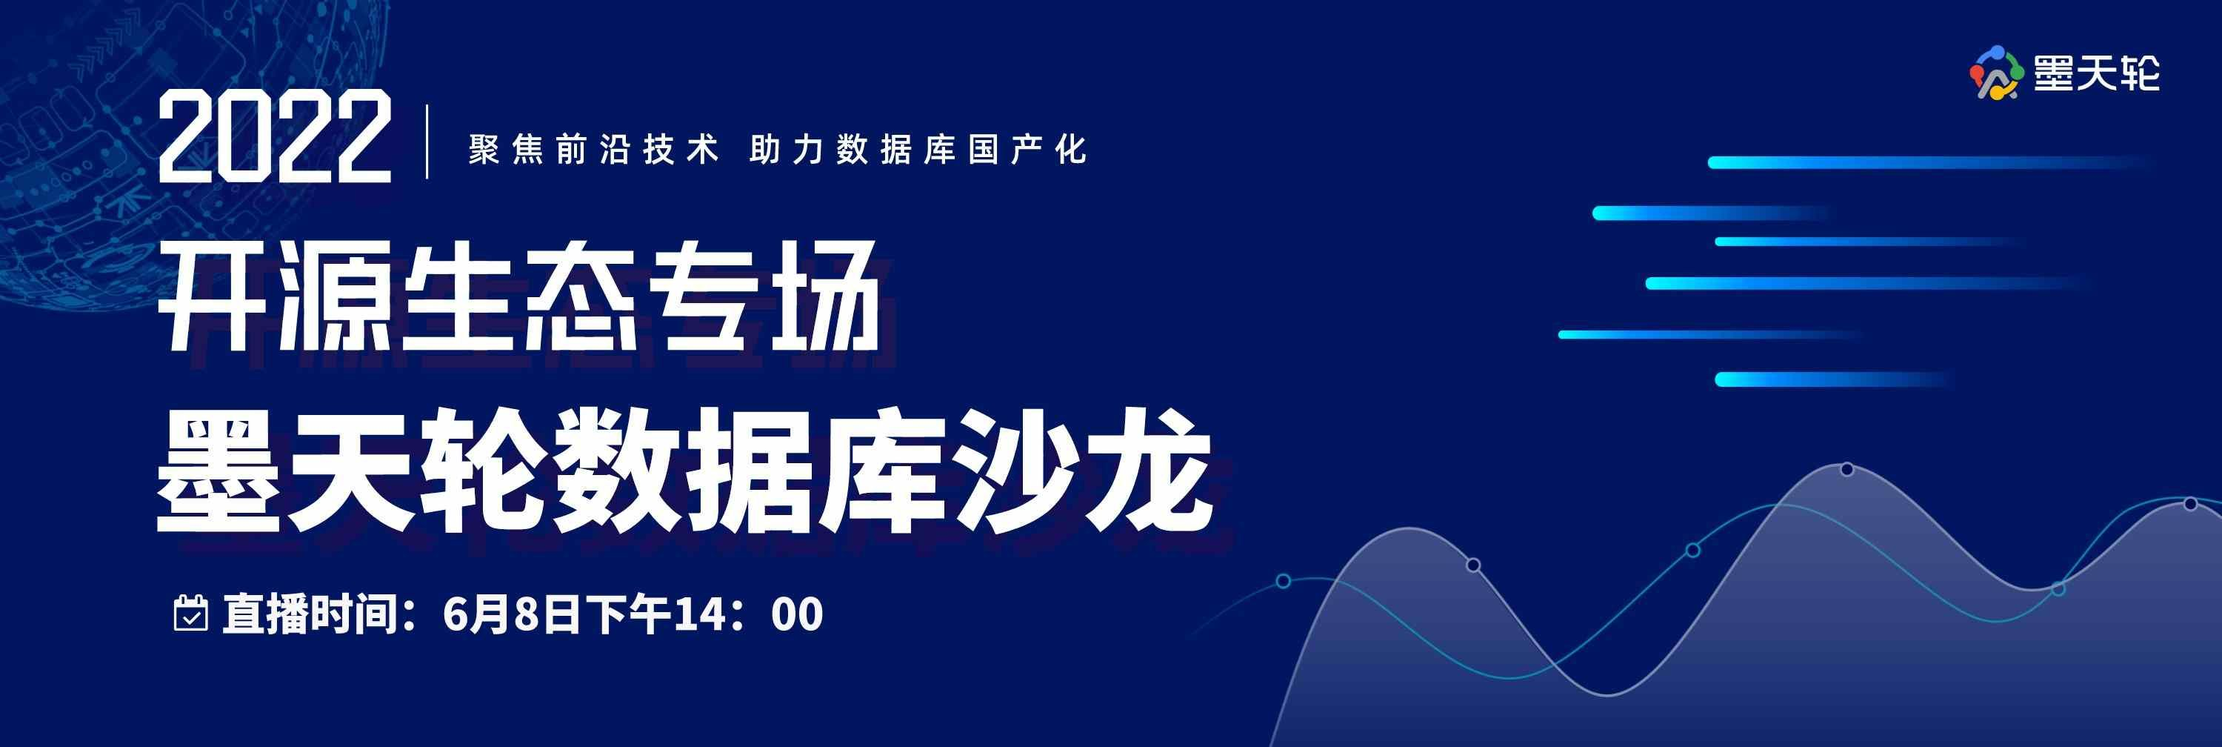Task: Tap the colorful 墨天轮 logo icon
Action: click(1996, 73)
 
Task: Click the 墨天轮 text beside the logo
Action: click(2097, 73)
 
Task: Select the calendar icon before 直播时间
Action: click(190, 614)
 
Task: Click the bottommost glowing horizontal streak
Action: click(1829, 379)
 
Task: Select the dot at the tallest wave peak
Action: click(1846, 469)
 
